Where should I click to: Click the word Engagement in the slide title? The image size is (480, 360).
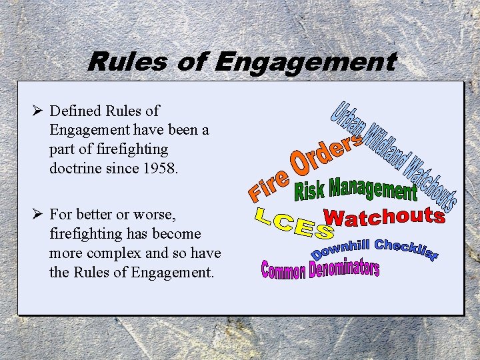(305, 62)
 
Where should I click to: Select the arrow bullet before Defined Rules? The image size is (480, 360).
(39, 111)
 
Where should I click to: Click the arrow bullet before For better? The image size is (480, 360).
(39, 215)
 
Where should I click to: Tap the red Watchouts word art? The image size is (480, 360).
(384, 217)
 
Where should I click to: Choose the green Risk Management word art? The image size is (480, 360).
(355, 189)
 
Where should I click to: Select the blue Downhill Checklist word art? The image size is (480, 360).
(374, 250)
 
